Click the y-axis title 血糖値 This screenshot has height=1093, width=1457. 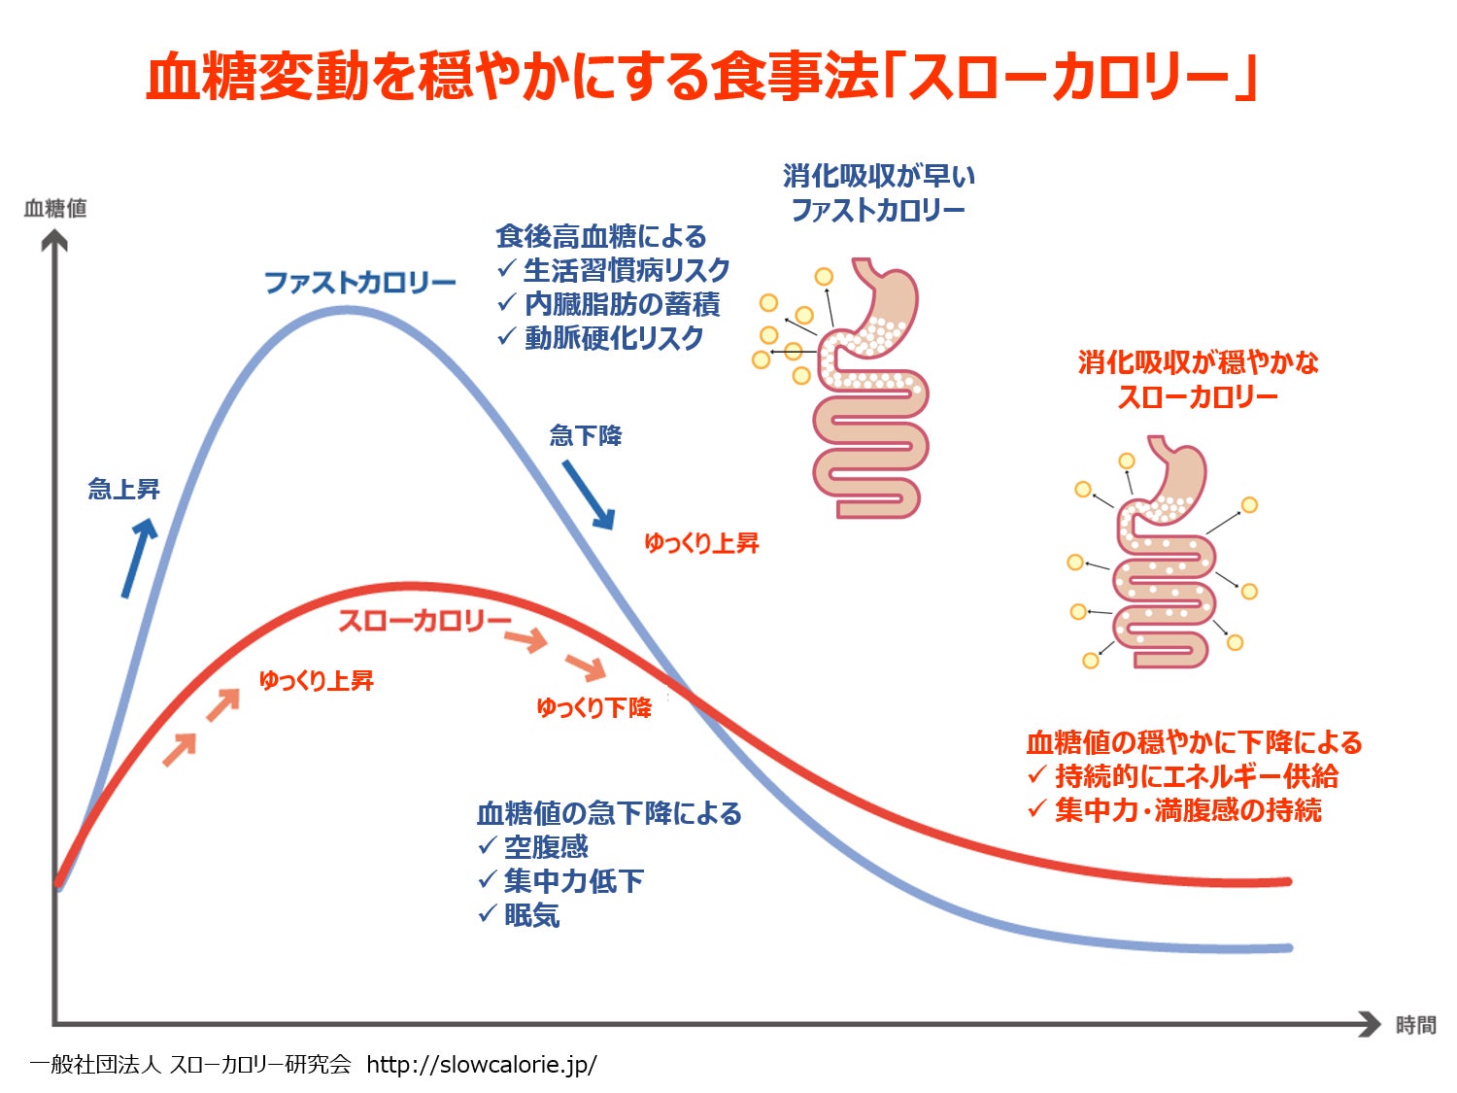click(55, 208)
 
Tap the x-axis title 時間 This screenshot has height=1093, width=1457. click(1415, 1025)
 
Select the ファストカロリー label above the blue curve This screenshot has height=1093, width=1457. click(360, 283)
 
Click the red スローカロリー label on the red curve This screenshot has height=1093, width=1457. click(424, 621)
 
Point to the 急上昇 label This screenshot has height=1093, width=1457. click(123, 489)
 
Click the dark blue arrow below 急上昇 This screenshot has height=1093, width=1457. click(138, 557)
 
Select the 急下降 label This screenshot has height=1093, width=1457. click(586, 435)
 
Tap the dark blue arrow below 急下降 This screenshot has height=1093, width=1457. click(588, 495)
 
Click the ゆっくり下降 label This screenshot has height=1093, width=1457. click(593, 707)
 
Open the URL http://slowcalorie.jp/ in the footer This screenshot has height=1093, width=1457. click(482, 1065)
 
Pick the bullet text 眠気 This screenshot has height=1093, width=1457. click(531, 915)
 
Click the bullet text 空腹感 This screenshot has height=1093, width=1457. click(546, 847)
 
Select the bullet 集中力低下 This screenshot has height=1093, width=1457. click(573, 881)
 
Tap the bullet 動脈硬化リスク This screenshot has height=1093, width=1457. click(614, 338)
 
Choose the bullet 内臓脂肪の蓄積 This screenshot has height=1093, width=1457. click(622, 304)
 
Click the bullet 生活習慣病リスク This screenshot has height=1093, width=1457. click(627, 270)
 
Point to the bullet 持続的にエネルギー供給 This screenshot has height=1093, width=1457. click(1197, 776)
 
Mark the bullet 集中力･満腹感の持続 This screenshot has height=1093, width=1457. click(1188, 810)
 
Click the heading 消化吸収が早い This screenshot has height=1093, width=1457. click(879, 176)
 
